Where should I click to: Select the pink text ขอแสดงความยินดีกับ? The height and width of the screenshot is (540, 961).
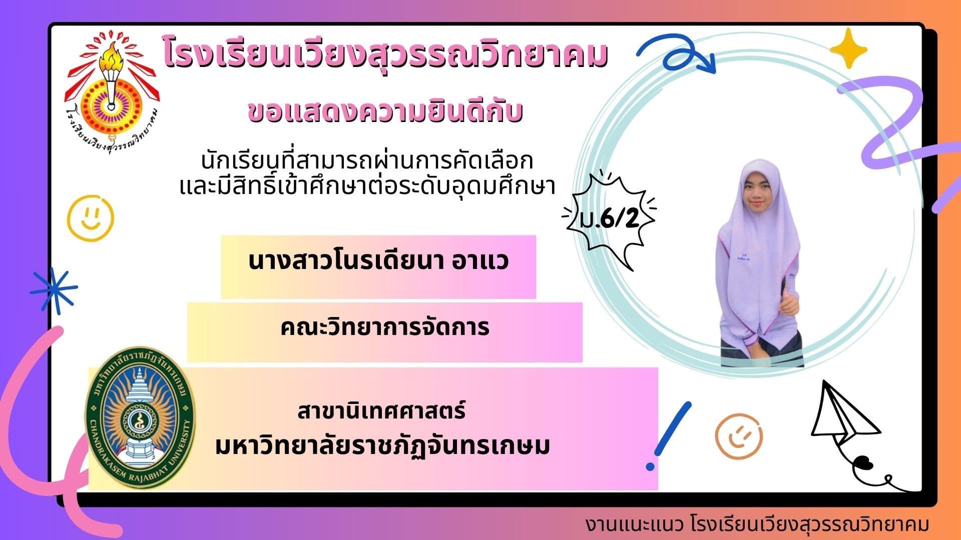point(385,111)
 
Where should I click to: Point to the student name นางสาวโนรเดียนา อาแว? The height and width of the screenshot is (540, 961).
point(378,261)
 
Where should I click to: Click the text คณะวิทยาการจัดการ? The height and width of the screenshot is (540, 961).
point(384,328)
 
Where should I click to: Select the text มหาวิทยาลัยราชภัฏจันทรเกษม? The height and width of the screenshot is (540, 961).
point(383,445)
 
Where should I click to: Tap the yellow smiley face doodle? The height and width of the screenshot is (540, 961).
point(91,218)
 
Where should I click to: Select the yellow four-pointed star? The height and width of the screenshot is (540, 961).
point(848,48)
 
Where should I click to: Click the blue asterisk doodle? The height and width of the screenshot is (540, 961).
point(53,291)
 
